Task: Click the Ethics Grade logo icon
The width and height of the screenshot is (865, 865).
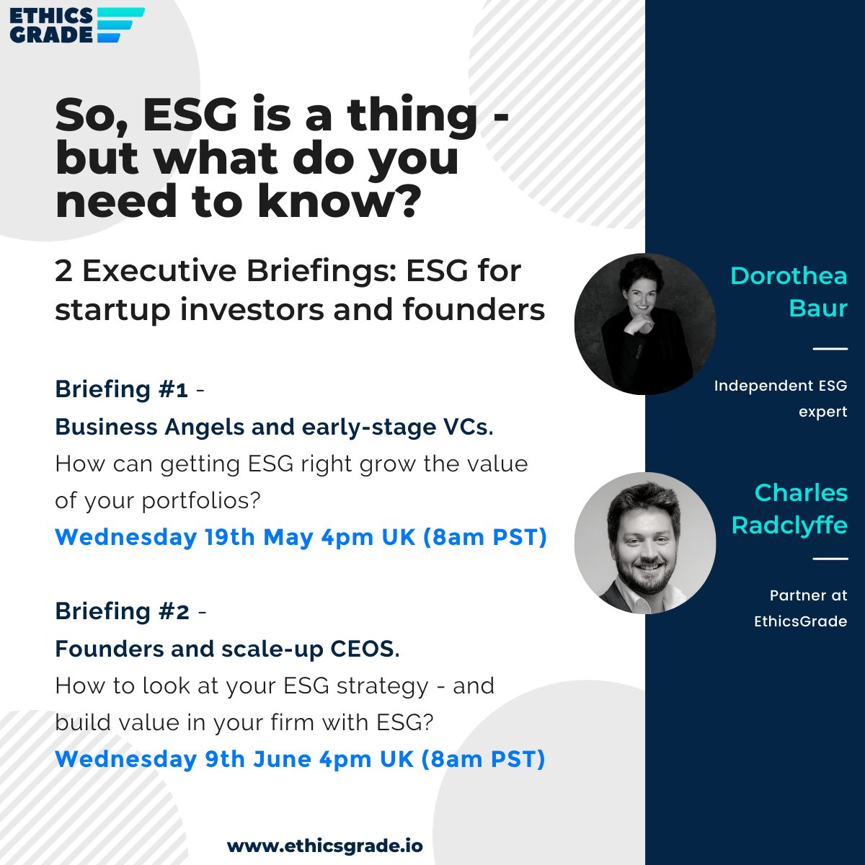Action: [120, 25]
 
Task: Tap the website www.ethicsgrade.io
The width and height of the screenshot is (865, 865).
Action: [324, 846]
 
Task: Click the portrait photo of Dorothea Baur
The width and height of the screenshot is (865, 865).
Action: [644, 324]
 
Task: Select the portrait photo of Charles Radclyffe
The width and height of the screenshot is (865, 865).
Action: [644, 543]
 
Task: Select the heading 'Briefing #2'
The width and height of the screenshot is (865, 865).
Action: [122, 611]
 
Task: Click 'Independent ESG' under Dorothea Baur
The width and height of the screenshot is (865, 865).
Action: [780, 386]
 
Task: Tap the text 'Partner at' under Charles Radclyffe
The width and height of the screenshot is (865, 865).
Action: [808, 595]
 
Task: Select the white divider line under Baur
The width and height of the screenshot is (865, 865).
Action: [830, 349]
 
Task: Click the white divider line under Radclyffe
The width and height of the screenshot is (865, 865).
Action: [830, 559]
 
